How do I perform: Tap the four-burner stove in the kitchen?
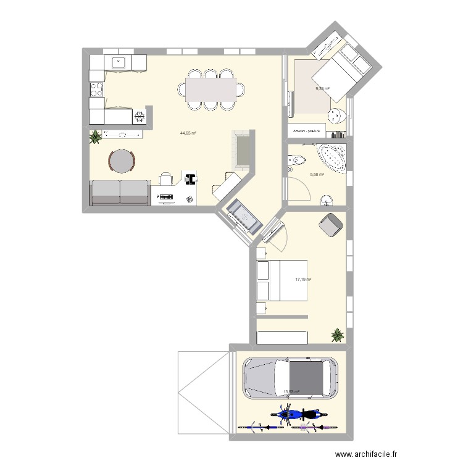click(96, 90)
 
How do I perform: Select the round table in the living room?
click(122, 161)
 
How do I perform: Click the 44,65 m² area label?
click(188, 133)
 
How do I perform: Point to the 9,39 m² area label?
click(322, 89)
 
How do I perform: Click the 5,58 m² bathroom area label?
click(316, 175)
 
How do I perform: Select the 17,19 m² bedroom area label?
click(303, 280)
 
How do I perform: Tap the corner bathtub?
click(332, 158)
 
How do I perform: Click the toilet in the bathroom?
click(296, 161)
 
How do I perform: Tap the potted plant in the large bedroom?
click(338, 335)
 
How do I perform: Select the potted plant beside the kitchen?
click(96, 136)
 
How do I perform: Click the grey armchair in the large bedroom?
click(331, 225)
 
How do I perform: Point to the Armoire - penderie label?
click(307, 131)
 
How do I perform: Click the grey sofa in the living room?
click(120, 193)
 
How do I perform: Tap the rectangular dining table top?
click(211, 89)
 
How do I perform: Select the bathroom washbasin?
click(325, 199)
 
